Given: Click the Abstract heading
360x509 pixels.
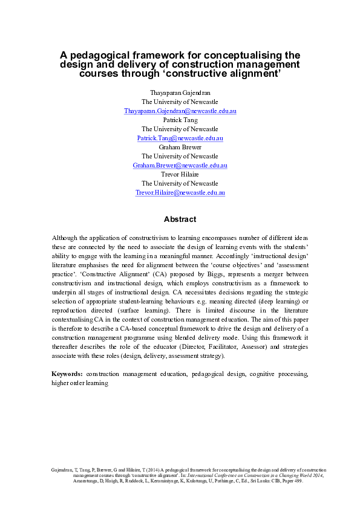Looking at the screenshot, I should point(180,219).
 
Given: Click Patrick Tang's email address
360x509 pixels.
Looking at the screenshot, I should point(180,138).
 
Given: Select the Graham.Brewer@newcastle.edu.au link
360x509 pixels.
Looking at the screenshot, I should point(180,165).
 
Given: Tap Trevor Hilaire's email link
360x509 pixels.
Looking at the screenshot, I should point(180,192).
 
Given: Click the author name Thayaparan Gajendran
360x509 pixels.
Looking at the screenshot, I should point(180,94).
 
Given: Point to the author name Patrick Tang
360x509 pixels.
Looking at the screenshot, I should point(180,120).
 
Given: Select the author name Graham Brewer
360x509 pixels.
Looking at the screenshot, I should point(180,147).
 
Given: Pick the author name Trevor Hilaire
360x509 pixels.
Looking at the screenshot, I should point(180,174).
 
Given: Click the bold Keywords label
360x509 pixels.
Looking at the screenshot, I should point(68,374).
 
